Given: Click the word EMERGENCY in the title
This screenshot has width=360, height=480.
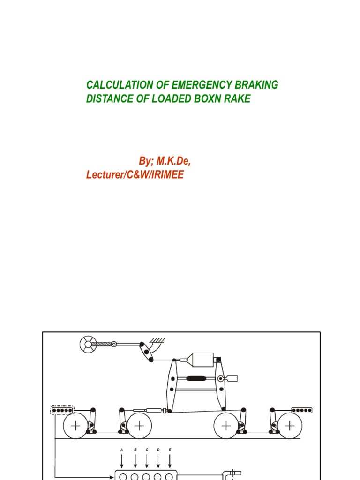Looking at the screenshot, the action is (198, 85).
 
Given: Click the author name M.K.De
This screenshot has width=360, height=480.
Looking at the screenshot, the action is (173, 161).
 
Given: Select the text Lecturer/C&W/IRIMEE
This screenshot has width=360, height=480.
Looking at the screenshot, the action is (135, 174).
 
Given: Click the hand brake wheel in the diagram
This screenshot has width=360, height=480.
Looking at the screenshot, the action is (88, 345).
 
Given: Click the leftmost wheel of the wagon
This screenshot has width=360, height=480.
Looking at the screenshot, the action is (75, 426).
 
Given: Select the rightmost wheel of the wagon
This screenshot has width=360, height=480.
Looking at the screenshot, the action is (289, 426).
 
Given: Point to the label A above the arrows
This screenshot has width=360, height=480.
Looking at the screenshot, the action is (122, 450).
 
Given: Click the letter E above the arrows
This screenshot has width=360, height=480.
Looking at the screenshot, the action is (170, 450).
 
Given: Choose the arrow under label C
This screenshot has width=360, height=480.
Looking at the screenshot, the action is (147, 461).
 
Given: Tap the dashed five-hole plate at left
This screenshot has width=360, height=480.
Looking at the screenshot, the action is (62, 410).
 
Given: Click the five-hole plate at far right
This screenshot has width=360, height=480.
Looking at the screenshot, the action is (302, 410).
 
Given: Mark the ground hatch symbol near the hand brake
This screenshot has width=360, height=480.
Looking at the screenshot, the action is (157, 340).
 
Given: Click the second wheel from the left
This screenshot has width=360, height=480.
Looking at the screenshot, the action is (139, 426).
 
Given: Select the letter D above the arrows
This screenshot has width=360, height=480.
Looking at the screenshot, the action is (158, 450).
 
